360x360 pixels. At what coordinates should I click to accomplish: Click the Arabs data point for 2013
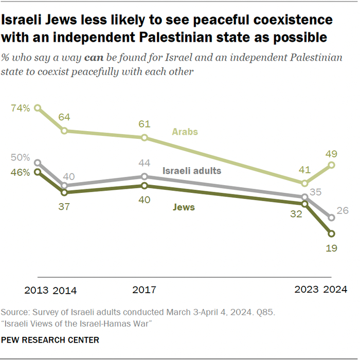38,108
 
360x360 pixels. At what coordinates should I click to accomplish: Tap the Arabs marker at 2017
145,137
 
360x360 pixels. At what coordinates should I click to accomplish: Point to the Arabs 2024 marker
332,165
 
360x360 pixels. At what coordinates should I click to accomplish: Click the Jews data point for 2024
332,233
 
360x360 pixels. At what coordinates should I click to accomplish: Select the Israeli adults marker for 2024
332,218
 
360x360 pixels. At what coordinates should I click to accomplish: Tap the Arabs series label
185,132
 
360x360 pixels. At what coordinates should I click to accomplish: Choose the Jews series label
184,208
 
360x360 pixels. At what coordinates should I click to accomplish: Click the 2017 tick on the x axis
145,290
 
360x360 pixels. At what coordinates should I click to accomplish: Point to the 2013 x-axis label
37,290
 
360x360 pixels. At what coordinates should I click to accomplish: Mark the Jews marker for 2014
64,192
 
